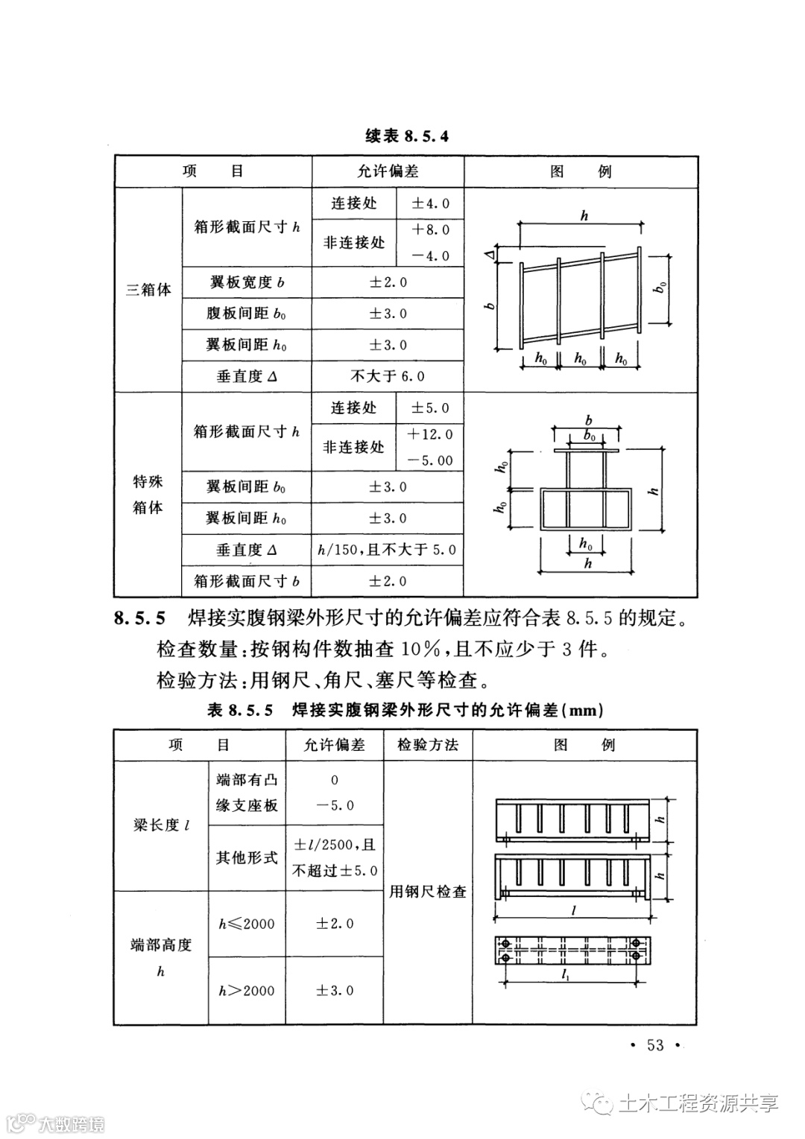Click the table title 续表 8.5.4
click(407, 136)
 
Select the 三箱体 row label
click(148, 290)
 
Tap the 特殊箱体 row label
click(148, 495)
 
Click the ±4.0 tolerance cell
click(431, 203)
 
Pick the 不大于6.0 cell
click(388, 376)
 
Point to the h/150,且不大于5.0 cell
click(388, 550)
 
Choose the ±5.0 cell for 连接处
click(431, 408)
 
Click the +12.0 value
click(431, 434)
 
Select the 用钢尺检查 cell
click(428, 891)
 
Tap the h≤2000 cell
click(247, 924)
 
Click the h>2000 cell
click(247, 991)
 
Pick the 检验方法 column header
click(428, 745)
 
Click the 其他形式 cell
click(247, 857)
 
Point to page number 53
click(655, 1045)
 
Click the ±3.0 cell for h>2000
click(335, 991)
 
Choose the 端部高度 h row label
click(161, 958)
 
